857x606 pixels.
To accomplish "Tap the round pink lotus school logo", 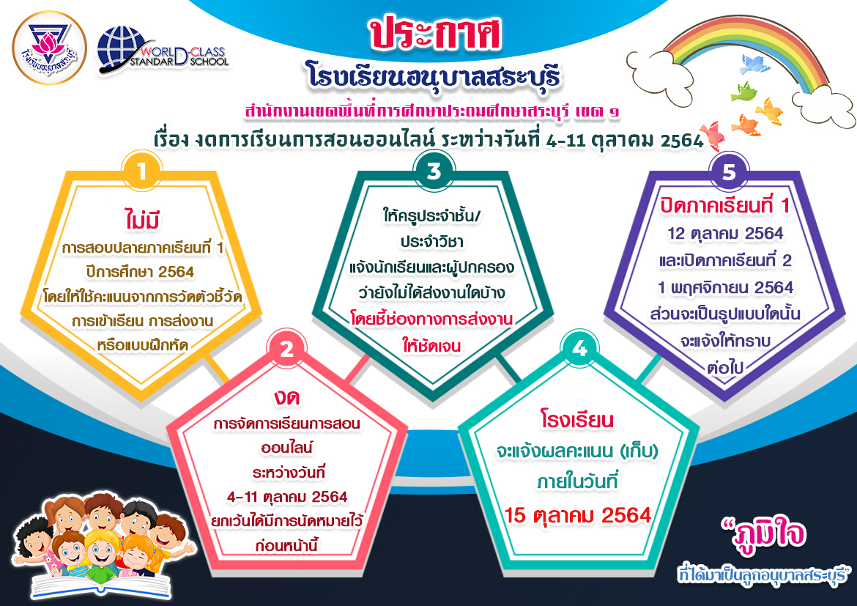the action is [x=49, y=48].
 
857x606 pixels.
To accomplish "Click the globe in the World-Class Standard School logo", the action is [x=120, y=48].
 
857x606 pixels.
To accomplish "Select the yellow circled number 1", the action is [x=141, y=171].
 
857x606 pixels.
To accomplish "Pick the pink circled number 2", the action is [x=287, y=348].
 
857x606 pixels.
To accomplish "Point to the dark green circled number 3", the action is [x=434, y=171].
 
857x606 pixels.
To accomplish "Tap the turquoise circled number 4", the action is [x=580, y=348].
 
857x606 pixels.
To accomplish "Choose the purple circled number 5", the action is [x=729, y=171].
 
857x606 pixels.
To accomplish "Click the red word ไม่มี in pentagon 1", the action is [x=142, y=220].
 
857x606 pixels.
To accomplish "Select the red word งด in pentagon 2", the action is [x=287, y=398].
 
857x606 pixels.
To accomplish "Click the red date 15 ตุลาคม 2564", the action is [x=578, y=515].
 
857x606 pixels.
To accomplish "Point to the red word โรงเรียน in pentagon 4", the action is [x=577, y=419].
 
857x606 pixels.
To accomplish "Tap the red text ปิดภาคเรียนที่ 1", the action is [x=725, y=206].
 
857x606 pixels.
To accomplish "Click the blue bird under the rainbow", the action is [x=754, y=64].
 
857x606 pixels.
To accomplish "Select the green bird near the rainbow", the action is [x=743, y=92].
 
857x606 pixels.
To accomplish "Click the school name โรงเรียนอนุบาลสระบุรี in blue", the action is [x=434, y=76].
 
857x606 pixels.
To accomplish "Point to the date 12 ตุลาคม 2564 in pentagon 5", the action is [x=725, y=234].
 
